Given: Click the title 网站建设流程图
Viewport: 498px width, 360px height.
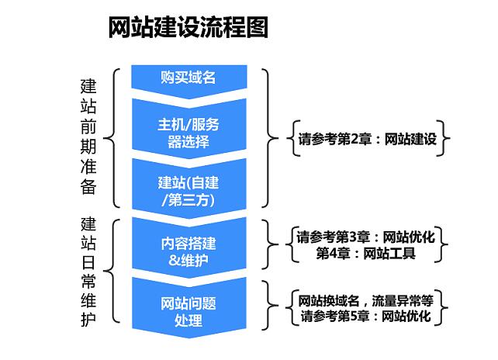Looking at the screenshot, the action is tap(188, 27).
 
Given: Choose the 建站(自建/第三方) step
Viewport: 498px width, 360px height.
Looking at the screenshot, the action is tap(189, 189).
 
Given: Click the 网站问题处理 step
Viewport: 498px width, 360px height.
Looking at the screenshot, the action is tap(189, 307).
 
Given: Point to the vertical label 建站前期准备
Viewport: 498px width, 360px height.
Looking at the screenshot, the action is tap(88, 137).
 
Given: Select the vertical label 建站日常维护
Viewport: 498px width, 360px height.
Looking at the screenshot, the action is tap(88, 272).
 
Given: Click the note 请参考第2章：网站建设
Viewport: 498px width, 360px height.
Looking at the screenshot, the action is tap(368, 139).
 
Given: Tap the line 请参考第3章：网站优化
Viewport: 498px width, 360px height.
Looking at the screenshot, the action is tap(365, 237).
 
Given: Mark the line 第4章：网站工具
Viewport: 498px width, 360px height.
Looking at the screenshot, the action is tap(365, 254).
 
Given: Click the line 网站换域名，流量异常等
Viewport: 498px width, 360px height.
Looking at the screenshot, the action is tap(365, 300).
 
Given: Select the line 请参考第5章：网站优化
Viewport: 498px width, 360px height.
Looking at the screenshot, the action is tap(365, 316).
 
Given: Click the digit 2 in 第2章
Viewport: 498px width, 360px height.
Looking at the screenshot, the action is tap(354, 139).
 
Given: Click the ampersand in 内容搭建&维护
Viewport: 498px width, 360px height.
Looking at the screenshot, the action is tap(175, 261).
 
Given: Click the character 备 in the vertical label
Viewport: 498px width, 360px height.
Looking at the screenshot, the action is tap(88, 187).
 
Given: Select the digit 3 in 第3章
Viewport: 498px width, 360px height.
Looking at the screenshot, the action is tap(353, 237).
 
